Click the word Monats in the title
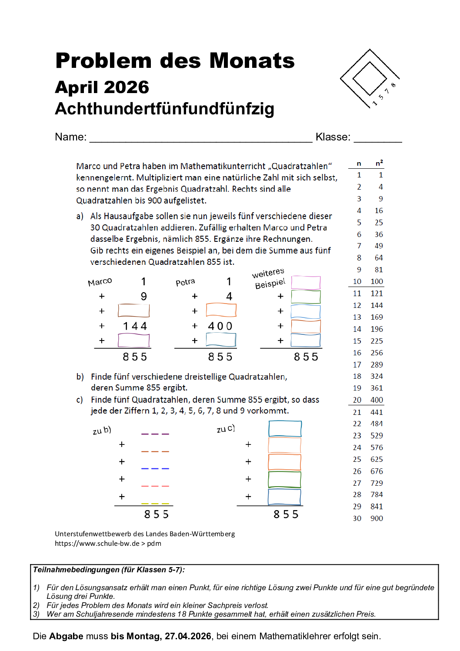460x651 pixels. coord(252,61)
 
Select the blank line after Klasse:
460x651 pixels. coord(377,138)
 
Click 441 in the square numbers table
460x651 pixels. coord(377,412)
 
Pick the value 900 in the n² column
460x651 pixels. coord(377,518)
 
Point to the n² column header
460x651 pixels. coord(379,164)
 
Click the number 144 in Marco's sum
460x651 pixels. coord(135,326)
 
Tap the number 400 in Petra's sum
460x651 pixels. coord(220,326)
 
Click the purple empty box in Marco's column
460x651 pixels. coord(134,340)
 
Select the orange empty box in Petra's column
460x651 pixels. coord(221,310)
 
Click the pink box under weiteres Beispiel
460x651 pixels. coord(306,283)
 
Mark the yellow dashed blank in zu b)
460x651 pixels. coord(155,504)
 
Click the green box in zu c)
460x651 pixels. coord(285,479)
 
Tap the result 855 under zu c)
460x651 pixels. coord(286,514)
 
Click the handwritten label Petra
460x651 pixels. coord(185,282)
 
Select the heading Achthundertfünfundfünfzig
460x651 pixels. coord(164,109)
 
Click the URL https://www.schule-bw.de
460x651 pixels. coord(97,543)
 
